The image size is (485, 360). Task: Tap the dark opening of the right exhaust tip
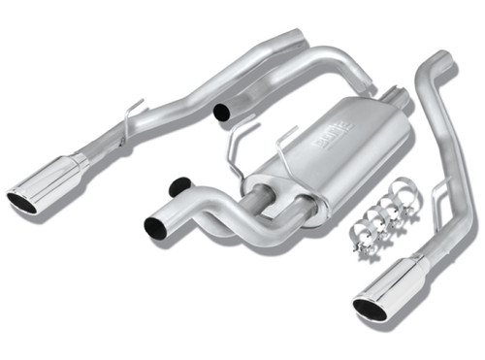tap(370, 309)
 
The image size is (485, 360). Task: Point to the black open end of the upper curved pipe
tap(222, 113)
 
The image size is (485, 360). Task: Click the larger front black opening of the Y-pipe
tap(155, 227)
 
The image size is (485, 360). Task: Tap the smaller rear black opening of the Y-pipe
tap(178, 184)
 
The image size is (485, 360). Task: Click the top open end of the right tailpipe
tap(441, 64)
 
